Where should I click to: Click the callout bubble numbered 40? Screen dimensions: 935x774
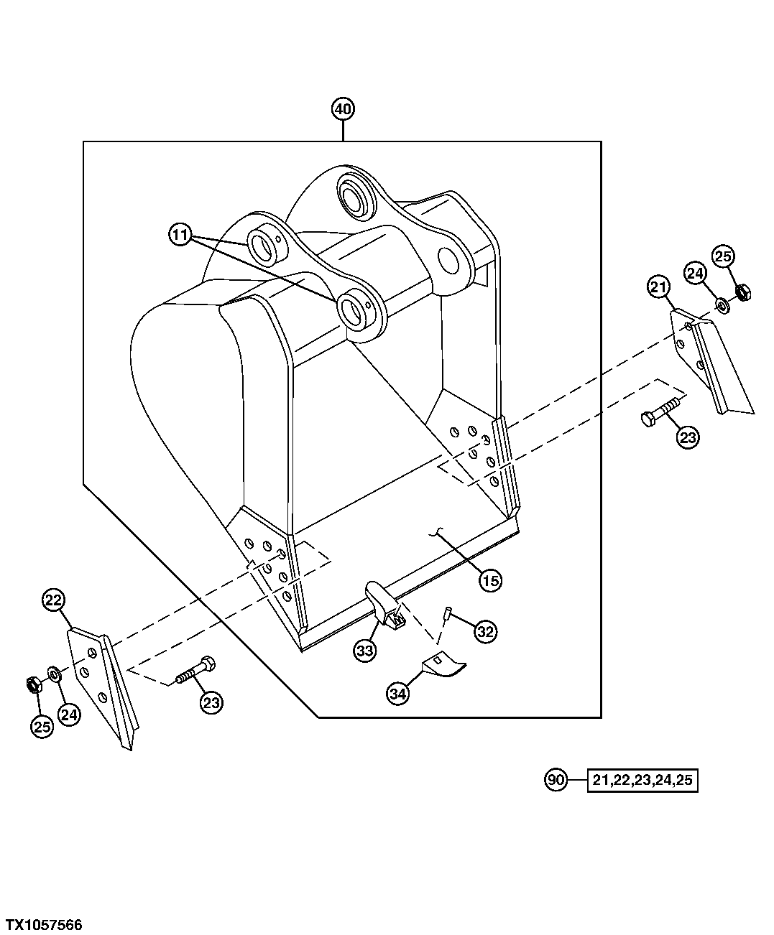pos(343,109)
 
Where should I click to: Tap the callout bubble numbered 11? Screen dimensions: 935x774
pos(180,234)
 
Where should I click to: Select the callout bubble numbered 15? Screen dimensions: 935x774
pos(490,580)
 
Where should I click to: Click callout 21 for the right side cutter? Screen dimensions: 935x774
pos(658,288)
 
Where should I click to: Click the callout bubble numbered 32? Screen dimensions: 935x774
pos(485,632)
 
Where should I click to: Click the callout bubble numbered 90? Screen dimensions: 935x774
pos(556,779)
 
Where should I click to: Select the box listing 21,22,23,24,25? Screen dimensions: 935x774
pos(643,780)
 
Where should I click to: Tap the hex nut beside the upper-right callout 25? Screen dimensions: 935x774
pos(743,292)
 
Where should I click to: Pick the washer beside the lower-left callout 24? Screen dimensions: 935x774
pos(54,673)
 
